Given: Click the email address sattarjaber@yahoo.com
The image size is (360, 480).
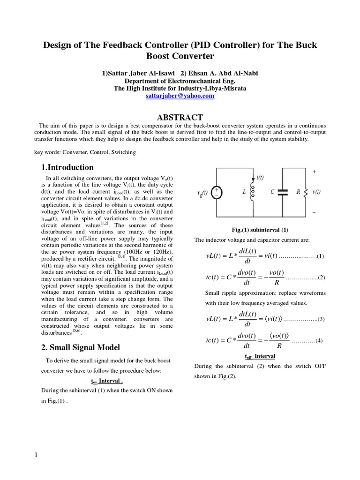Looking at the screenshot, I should [180, 96].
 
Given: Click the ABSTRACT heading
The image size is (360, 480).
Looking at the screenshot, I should [180, 117].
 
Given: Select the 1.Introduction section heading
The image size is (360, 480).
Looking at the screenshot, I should [67, 167].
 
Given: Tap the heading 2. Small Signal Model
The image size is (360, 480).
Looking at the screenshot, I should [81, 347].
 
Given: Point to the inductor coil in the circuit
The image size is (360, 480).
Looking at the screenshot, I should [254, 192].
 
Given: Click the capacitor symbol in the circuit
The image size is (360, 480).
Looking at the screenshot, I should [282, 192].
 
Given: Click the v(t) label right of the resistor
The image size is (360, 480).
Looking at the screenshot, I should [317, 192].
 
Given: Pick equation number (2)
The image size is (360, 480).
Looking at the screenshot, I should [322, 278].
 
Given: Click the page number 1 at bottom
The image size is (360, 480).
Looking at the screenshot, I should [36, 455].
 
